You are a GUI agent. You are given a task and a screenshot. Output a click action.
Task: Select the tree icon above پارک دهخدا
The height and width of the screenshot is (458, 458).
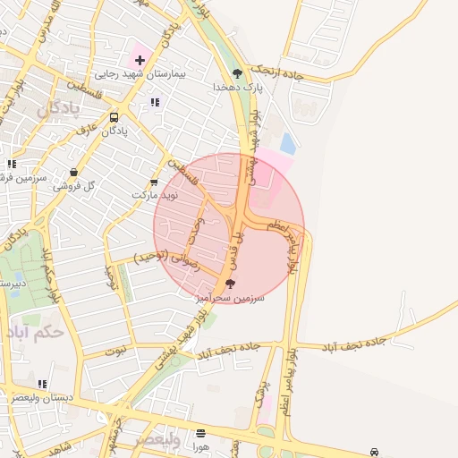237,72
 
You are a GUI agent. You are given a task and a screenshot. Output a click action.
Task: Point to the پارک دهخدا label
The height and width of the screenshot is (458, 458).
237,87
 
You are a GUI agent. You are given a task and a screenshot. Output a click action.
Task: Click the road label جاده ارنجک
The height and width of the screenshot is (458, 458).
278,71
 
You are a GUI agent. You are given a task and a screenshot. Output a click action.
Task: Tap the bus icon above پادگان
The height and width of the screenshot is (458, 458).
114,117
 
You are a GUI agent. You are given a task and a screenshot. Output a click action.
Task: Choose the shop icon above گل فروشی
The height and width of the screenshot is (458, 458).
72,173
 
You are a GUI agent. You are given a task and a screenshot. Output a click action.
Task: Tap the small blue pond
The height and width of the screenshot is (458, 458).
287,143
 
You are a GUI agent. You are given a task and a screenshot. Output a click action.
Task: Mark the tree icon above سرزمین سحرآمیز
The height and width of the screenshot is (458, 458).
231,284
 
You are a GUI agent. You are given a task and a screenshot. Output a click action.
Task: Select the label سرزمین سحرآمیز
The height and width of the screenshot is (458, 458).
231,298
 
